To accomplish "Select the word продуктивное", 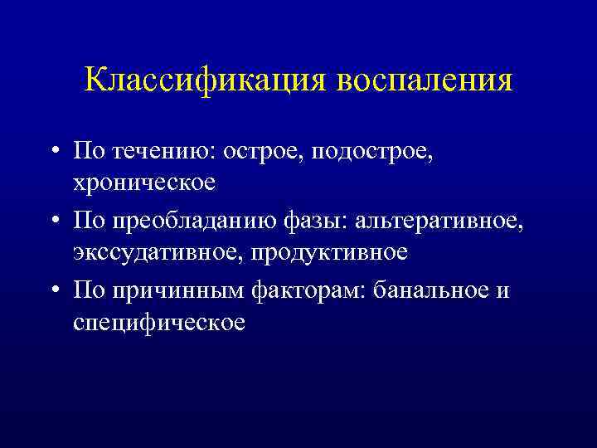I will (x=335, y=251).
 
